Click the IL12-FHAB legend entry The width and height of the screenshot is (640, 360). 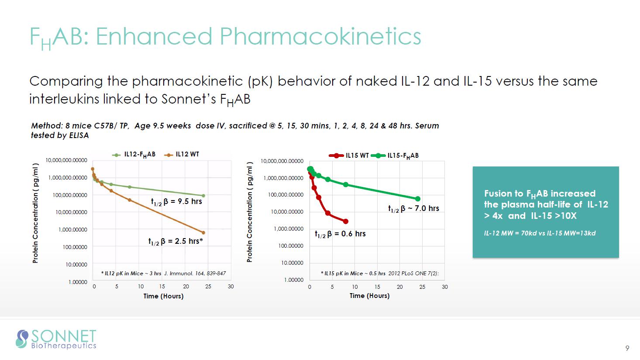[134, 155]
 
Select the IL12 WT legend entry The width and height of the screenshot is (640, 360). [182, 155]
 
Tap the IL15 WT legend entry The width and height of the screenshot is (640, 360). [349, 156]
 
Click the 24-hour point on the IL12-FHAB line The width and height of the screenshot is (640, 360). [203, 196]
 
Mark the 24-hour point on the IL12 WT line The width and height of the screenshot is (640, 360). [203, 232]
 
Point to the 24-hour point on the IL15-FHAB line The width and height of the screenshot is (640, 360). [418, 199]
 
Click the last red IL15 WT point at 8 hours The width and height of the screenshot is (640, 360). [346, 222]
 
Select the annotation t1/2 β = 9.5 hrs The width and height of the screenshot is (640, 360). [176, 201]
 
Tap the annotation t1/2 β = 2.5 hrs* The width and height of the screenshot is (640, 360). [175, 241]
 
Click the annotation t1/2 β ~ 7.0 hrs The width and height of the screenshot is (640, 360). [413, 208]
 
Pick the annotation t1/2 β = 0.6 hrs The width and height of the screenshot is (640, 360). [340, 234]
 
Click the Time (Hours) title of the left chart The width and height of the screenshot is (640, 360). [163, 296]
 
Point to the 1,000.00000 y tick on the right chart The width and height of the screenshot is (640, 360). [289, 229]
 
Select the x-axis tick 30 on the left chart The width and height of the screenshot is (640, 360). [231, 287]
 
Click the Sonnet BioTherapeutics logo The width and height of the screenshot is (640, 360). [56, 339]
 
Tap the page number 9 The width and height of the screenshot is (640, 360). [627, 348]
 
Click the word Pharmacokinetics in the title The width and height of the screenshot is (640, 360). [320, 36]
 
